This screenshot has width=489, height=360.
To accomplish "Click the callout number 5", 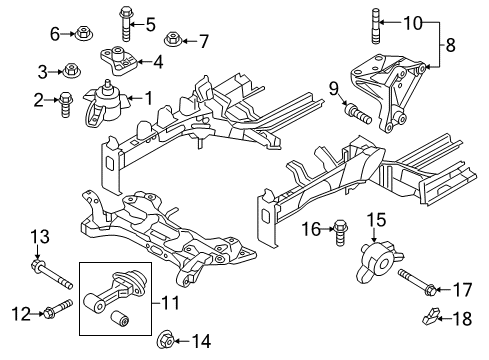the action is [150, 24].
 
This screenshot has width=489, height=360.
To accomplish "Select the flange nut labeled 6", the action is [84, 33].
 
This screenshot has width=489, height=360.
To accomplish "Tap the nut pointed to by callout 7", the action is [173, 40].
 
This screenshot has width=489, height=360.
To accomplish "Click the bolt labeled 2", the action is [65, 104].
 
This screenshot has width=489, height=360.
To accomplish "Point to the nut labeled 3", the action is [70, 71].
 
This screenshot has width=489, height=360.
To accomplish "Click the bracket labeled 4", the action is [119, 60].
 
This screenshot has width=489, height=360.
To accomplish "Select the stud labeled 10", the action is [375, 27].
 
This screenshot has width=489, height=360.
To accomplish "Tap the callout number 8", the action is [450, 45].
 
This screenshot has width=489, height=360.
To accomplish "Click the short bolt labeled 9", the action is [357, 113].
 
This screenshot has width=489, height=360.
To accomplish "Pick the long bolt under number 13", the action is [52, 275].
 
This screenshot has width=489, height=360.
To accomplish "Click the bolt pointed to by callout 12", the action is [58, 309].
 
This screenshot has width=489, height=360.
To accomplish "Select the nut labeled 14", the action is [166, 339].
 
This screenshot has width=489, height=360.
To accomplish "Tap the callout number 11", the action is [171, 303].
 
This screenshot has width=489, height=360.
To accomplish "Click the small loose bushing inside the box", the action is [119, 318].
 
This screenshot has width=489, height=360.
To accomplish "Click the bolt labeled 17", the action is [416, 283].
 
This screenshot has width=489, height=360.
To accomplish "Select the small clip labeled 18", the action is [431, 316].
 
